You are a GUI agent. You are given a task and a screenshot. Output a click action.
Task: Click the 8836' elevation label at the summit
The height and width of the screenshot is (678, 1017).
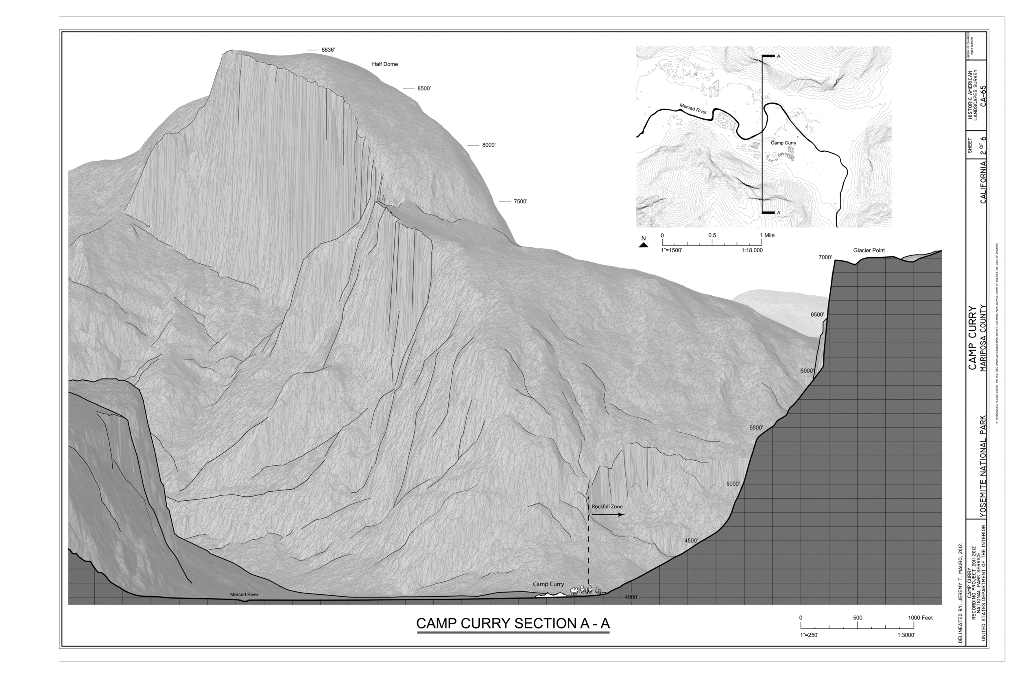point(328,50)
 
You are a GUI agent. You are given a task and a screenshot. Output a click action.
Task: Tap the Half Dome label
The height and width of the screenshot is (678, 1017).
point(385,64)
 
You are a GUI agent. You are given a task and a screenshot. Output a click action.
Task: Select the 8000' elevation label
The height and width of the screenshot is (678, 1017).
point(489,145)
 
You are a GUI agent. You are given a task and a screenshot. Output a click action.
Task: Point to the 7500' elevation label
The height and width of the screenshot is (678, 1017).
point(520,201)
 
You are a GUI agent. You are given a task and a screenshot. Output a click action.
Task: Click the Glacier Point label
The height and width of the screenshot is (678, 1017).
point(869,251)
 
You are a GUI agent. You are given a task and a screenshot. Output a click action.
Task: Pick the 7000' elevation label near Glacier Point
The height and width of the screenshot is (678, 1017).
point(825,258)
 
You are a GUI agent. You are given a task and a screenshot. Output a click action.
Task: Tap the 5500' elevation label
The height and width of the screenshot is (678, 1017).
point(756,427)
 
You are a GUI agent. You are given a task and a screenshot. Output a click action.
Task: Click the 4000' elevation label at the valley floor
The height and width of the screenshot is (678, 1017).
point(631,597)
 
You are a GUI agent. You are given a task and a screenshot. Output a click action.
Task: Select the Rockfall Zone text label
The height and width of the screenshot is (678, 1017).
point(607,506)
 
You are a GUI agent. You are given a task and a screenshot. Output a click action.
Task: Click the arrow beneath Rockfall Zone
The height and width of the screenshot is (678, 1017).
point(607,514)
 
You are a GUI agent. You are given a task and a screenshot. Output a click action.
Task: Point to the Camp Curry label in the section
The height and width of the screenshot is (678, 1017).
point(548,584)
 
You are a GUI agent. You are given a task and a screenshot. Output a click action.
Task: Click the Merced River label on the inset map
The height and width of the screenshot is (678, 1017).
point(693,109)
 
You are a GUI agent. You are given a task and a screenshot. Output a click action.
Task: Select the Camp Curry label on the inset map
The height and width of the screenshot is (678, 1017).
point(783,143)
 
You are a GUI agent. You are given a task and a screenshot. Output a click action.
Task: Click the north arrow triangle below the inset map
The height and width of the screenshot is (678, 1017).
point(644,245)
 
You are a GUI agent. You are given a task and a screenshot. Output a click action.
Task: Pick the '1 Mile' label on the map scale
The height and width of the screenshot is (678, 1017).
point(768,235)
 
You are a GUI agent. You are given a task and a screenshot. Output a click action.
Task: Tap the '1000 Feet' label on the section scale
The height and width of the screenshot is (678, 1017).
point(920,618)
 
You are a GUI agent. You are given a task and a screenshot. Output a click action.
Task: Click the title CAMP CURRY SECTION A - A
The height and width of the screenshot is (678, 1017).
point(513,623)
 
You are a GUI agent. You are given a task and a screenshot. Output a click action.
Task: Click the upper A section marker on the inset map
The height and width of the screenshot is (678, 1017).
point(778,57)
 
